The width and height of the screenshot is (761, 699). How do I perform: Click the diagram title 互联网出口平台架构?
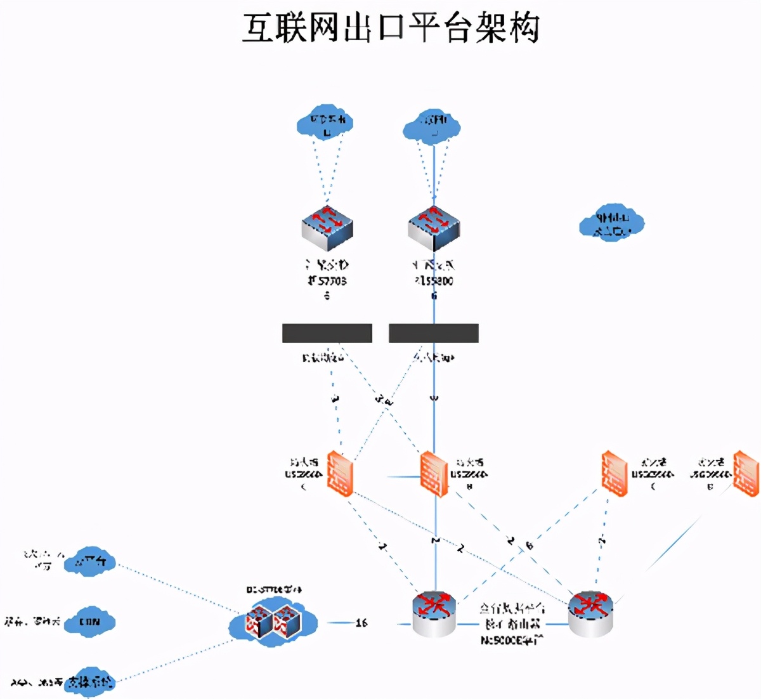pyautogui.click(x=391, y=29)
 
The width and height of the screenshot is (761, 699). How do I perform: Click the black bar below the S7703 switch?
pyautogui.click(x=327, y=333)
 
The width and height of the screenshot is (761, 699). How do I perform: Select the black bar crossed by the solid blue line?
pyautogui.click(x=434, y=333)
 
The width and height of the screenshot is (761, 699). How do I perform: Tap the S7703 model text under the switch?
pyautogui.click(x=327, y=280)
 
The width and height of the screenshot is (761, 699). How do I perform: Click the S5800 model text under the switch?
pyautogui.click(x=434, y=280)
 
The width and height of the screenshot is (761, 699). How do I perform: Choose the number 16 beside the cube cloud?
pyautogui.click(x=361, y=623)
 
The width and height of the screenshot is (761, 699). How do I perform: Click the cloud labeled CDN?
pyautogui.click(x=90, y=622)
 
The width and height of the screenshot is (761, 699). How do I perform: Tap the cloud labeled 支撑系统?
pyautogui.click(x=91, y=682)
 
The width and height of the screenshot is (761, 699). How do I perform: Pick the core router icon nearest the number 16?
pyautogui.click(x=434, y=613)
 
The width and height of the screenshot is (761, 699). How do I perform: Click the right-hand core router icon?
pyautogui.click(x=590, y=613)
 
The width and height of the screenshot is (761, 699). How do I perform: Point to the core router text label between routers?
pyautogui.click(x=512, y=624)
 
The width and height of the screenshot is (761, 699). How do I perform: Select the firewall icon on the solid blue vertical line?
pyautogui.click(x=434, y=474)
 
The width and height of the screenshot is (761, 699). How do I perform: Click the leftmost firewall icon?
pyautogui.click(x=340, y=473)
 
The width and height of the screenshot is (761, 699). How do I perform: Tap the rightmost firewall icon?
pyautogui.click(x=746, y=473)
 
